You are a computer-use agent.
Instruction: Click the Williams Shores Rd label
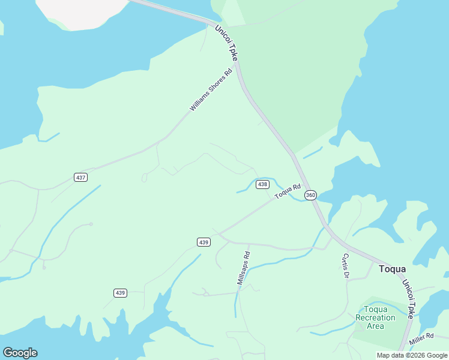click(211, 91)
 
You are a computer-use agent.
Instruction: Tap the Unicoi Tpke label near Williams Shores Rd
click(227, 43)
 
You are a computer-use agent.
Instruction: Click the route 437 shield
click(81, 177)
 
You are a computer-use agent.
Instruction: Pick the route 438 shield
click(262, 184)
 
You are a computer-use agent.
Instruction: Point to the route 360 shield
click(310, 195)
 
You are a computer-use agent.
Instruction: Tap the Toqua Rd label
click(287, 192)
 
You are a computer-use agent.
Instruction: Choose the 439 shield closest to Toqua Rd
click(203, 242)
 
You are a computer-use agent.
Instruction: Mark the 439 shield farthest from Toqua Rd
click(120, 293)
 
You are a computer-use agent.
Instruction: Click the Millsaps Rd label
click(243, 268)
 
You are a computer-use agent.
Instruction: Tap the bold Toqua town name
click(392, 269)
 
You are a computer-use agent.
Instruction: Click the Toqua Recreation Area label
click(375, 317)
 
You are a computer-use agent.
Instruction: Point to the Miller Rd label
click(421, 339)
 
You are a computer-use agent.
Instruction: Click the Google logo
click(20, 353)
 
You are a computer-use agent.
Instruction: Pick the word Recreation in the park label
click(375, 317)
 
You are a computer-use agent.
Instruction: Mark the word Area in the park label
click(375, 326)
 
